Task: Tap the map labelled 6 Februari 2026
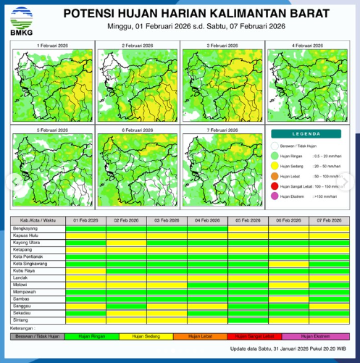137,164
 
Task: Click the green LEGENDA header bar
306,134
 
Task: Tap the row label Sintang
22,319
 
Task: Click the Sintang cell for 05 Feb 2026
248,319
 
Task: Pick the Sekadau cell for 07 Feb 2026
328,312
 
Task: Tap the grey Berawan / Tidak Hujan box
36,336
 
